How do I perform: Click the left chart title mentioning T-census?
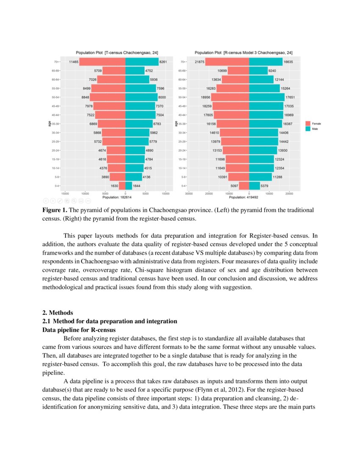tap(117, 53)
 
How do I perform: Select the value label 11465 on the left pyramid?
tap(73, 62)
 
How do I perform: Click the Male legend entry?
tap(314, 128)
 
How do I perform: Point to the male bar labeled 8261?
tap(142, 62)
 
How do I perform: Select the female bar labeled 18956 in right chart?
tap(231, 97)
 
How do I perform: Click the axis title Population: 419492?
tap(244, 197)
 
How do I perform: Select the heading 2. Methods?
tap(55, 313)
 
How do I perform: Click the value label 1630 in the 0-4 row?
tap(114, 186)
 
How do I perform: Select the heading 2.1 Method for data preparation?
tap(110, 321)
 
